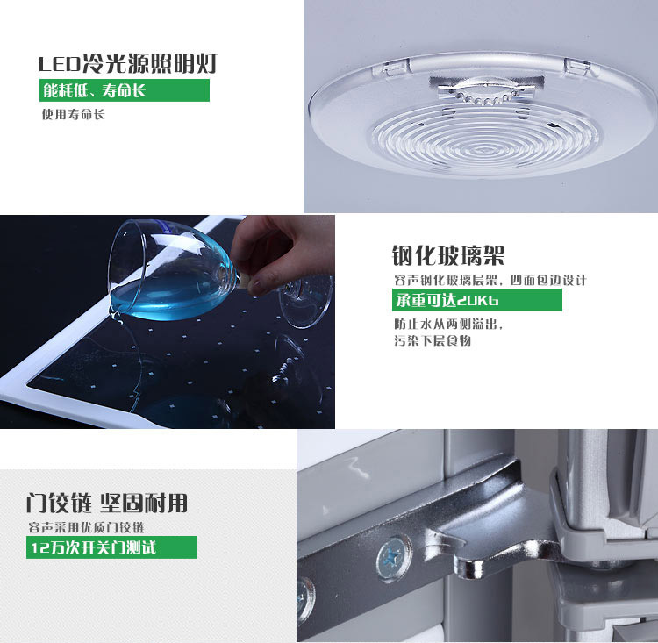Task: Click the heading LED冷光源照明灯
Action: coord(127,64)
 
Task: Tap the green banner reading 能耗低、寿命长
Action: coord(125,90)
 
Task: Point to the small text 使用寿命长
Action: coord(73,114)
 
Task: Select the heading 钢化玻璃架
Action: coord(448,254)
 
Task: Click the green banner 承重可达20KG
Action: coord(476,300)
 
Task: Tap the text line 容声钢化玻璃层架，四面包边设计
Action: coord(490,280)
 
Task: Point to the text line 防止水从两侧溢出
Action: coord(448,324)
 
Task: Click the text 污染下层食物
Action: coord(433,340)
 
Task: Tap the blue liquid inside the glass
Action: coord(168,300)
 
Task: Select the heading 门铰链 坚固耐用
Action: coord(106,503)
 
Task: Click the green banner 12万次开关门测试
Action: coord(111,547)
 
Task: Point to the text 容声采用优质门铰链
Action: coord(87,527)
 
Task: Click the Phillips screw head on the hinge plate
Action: coord(394,558)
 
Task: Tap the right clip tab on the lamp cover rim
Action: coord(577,68)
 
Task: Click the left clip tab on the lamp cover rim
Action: coord(391,67)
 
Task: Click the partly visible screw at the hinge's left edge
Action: coord(304,600)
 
